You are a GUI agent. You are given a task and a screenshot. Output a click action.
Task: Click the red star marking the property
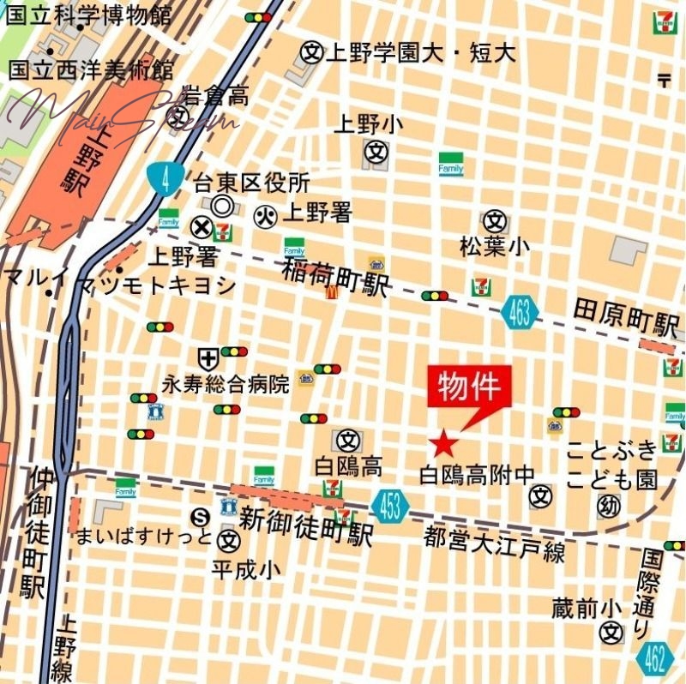point(442,443)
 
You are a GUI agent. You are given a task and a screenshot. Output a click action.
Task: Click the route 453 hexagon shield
point(390,506)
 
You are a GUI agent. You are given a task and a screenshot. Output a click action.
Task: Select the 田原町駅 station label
point(626,318)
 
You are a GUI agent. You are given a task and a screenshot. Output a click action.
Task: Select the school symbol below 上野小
point(376,153)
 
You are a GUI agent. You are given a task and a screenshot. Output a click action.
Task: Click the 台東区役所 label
point(251,183)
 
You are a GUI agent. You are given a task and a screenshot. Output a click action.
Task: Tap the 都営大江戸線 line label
point(495,543)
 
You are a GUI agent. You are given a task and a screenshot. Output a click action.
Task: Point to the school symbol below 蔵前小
point(611,633)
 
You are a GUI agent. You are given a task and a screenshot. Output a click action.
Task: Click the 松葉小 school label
point(495,247)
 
